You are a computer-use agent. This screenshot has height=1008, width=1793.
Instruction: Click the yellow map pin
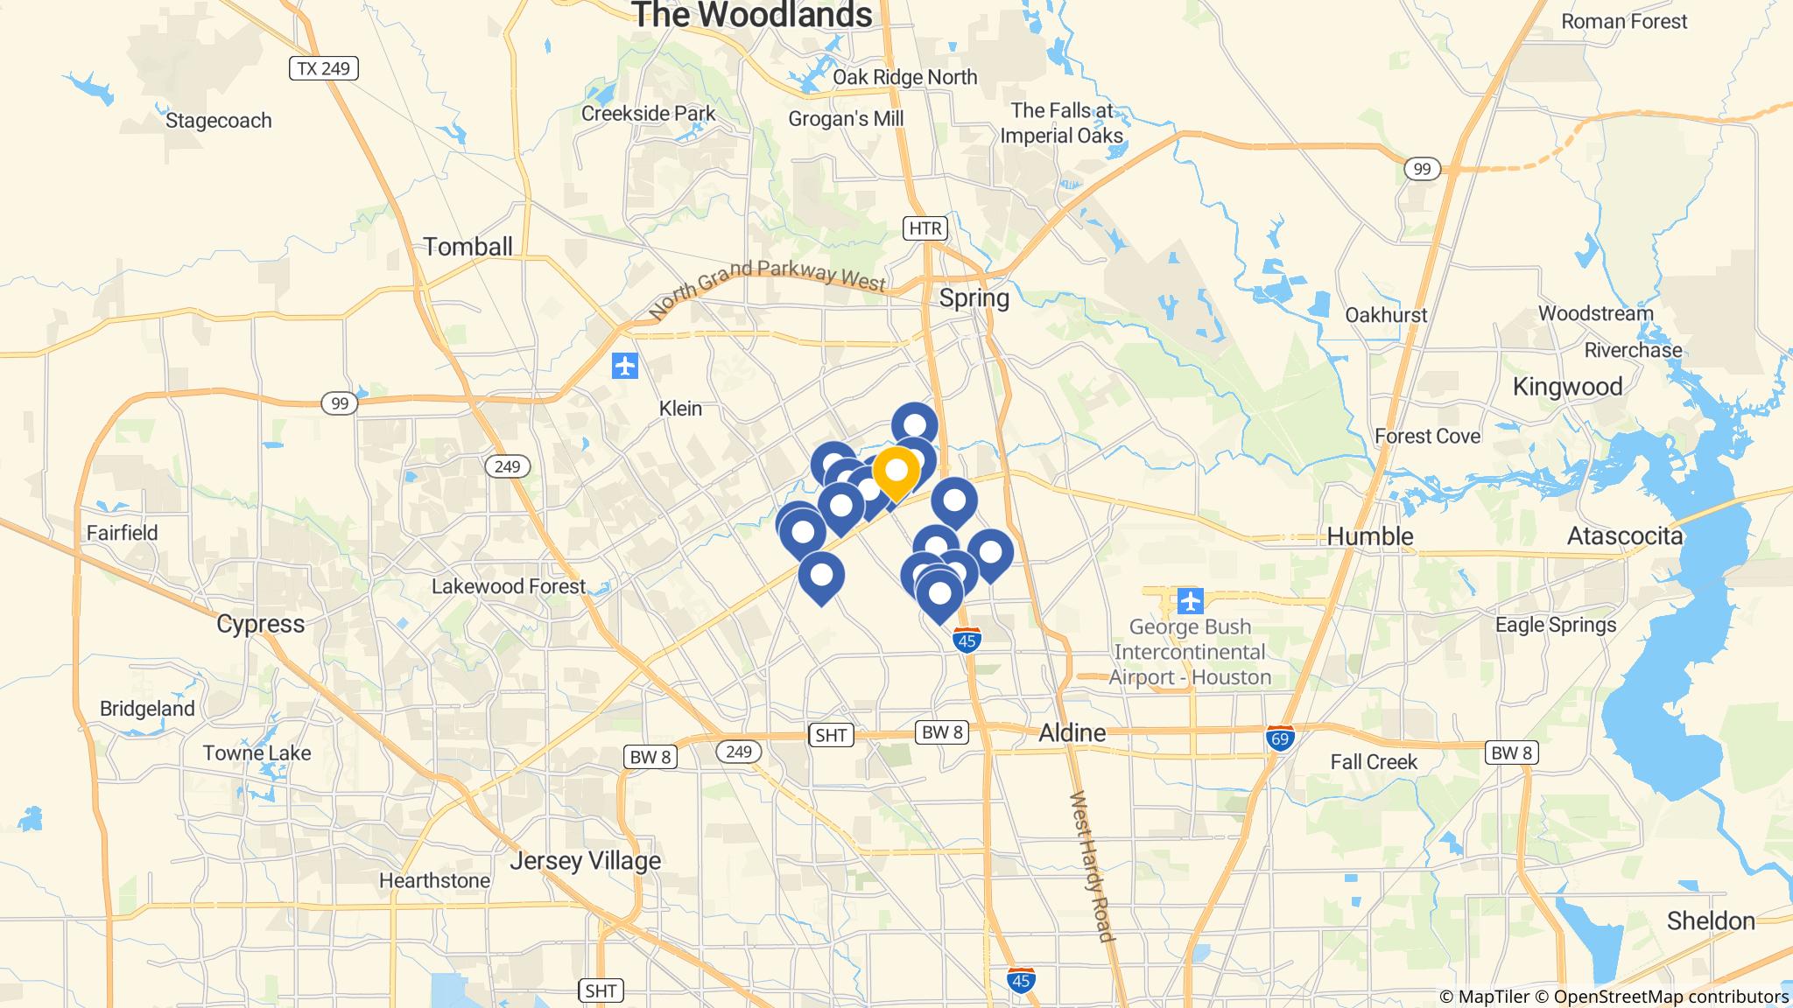[x=896, y=472]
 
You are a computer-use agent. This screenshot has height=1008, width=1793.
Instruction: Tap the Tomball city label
[x=468, y=247]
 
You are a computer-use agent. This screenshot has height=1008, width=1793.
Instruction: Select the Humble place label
[x=1370, y=536]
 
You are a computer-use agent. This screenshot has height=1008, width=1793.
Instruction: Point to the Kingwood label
[x=1567, y=387]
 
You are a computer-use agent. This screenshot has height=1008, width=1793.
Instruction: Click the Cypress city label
[x=261, y=624]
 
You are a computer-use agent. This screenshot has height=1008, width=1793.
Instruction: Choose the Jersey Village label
[x=585, y=861]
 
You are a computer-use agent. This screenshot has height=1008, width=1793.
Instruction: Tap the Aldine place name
[x=1072, y=733]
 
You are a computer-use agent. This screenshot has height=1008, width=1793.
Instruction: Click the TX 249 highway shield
[x=324, y=68]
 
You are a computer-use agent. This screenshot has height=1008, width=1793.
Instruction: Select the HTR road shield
[x=925, y=229]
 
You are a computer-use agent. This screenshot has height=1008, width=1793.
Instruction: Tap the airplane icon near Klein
[x=625, y=366]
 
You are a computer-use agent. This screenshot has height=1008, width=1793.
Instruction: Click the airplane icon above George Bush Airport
[x=1191, y=602]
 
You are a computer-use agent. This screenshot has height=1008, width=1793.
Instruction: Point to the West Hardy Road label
[x=1092, y=866]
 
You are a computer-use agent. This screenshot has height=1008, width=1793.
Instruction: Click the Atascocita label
[x=1625, y=536]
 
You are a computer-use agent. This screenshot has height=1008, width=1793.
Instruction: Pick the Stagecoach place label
[x=219, y=121]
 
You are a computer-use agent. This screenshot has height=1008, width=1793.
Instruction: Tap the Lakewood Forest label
[x=508, y=586]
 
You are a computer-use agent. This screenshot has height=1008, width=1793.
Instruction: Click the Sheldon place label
[x=1711, y=920]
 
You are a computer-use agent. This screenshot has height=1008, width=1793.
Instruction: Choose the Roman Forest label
[x=1624, y=21]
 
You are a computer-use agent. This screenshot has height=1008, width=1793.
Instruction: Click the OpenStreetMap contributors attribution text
[x=1670, y=997]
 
